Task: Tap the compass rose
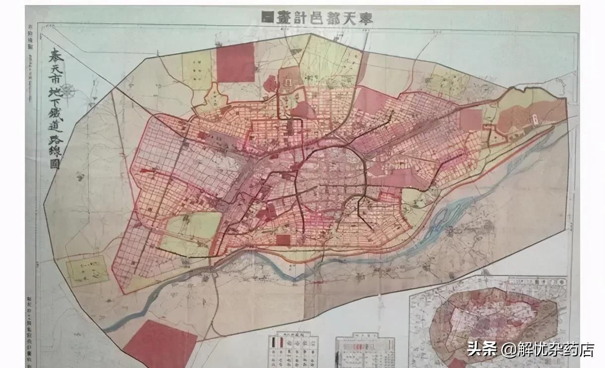[x=68, y=91]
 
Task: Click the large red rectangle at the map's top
[x=236, y=62]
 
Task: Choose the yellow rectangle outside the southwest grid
[x=87, y=270]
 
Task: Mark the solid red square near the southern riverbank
[x=283, y=240]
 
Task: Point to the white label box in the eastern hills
[x=536, y=119]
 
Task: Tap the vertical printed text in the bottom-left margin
[x=31, y=327]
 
